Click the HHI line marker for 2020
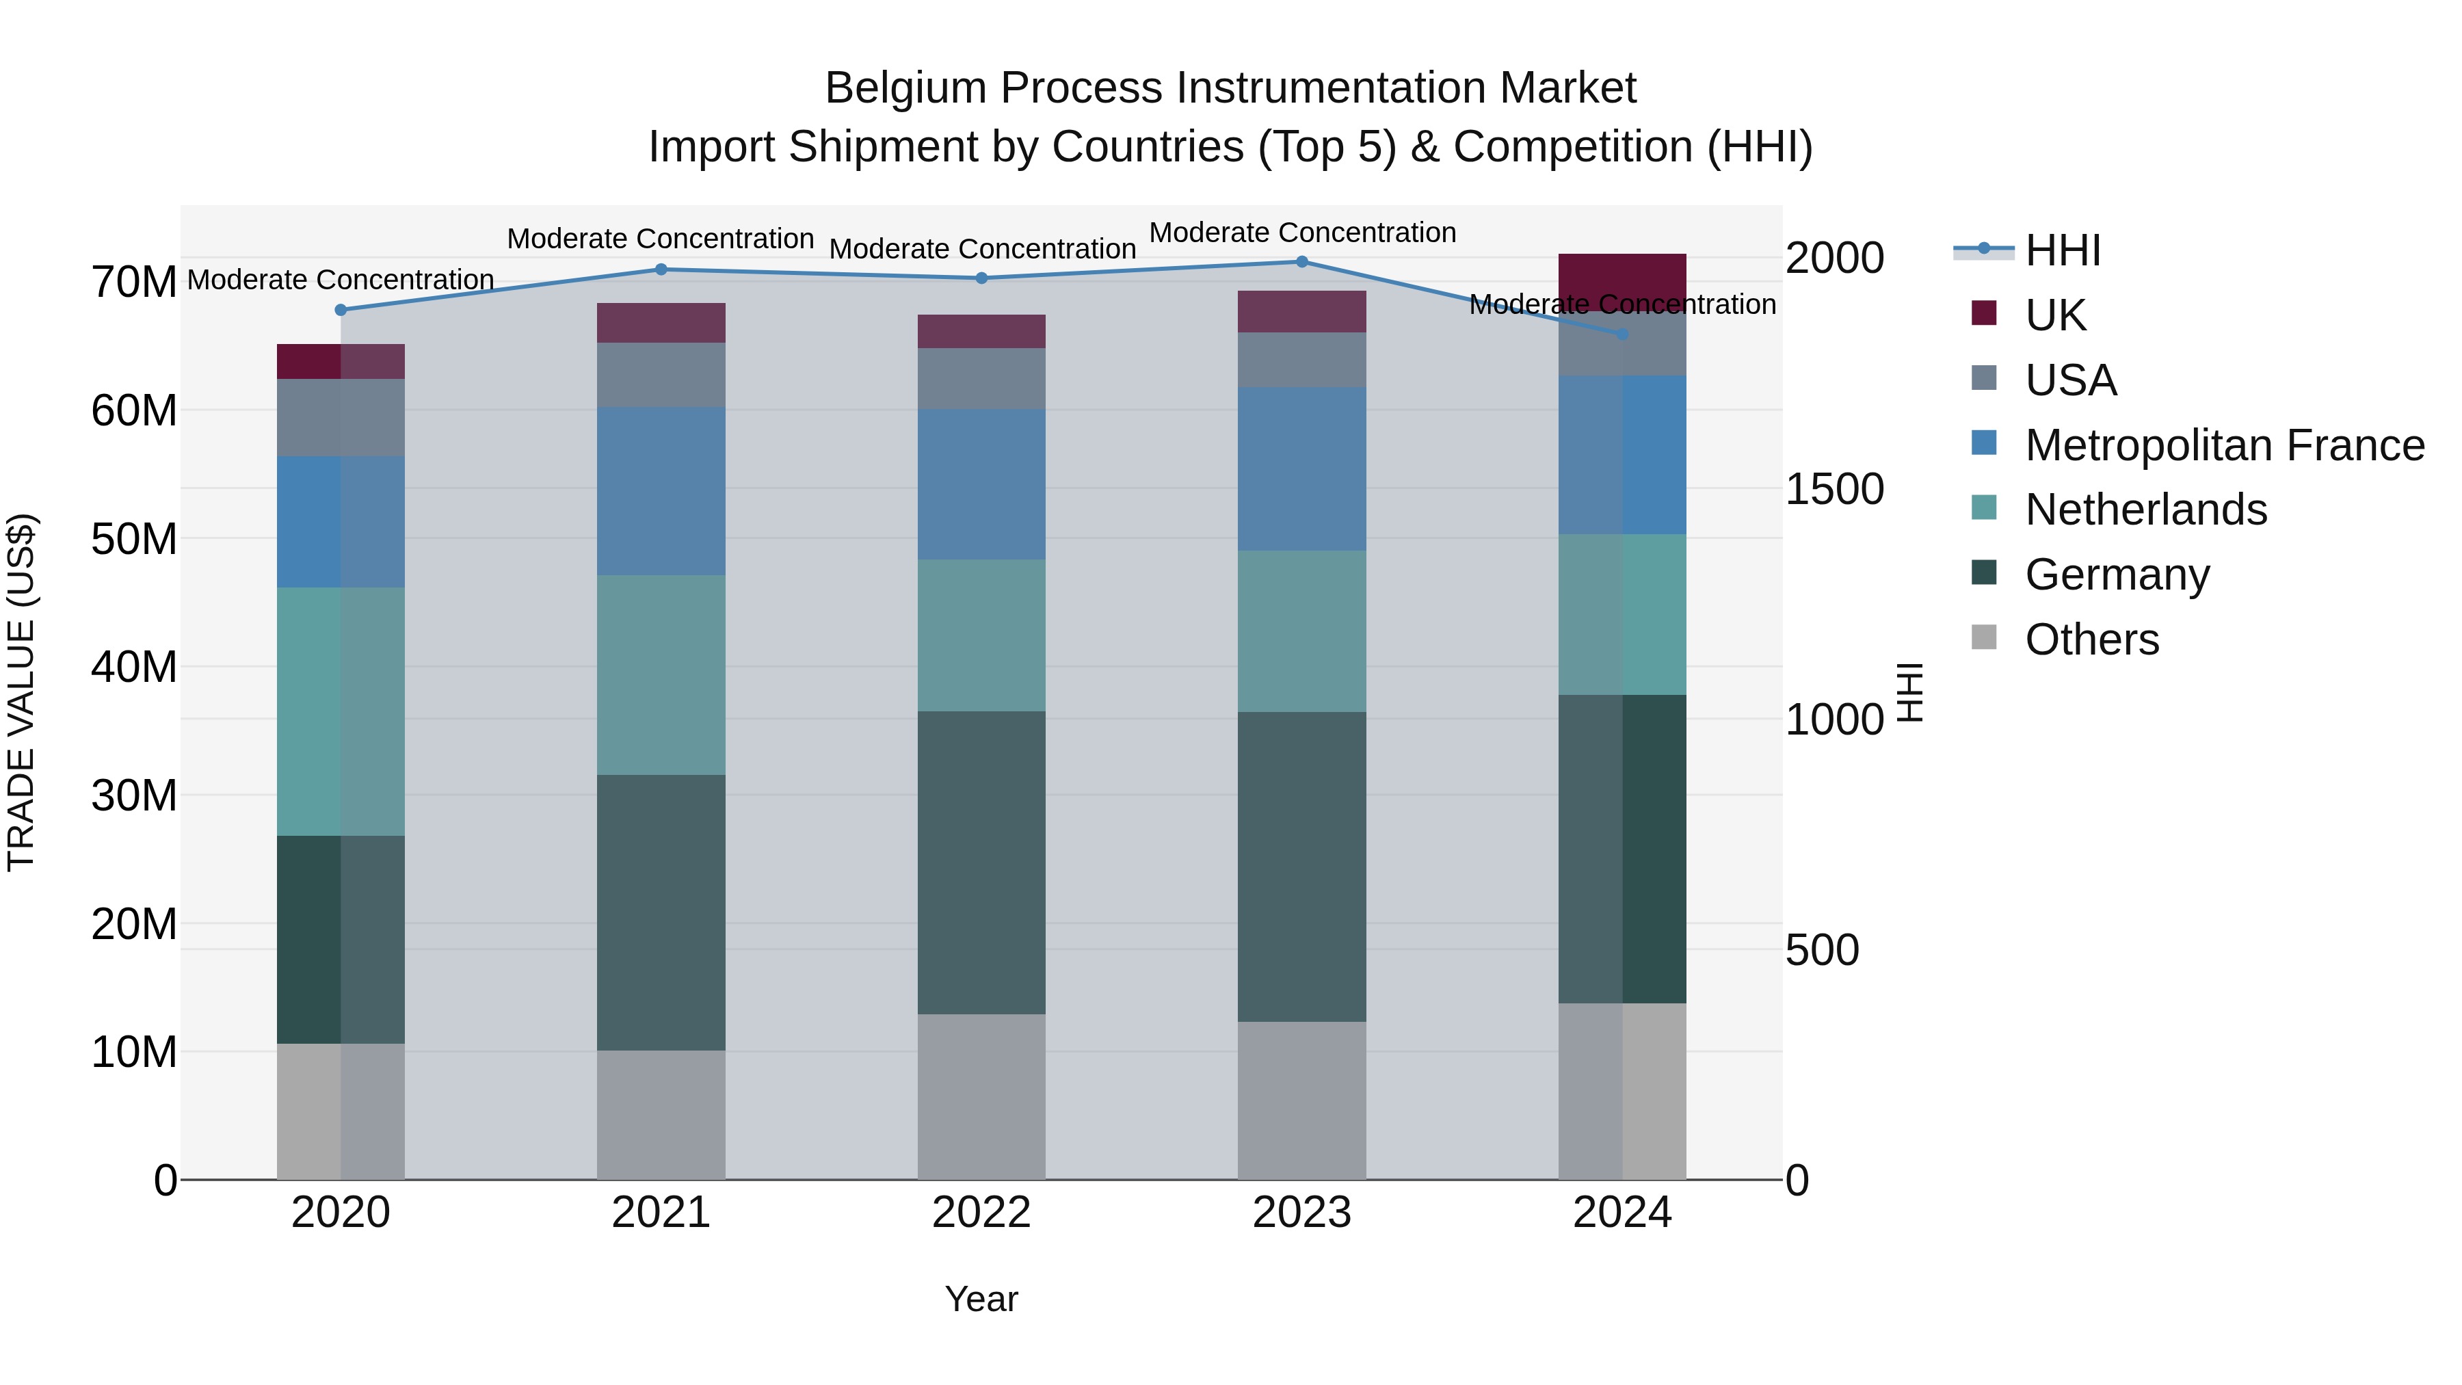tap(341, 310)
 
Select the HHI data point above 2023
tap(1301, 262)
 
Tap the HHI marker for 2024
tap(1622, 334)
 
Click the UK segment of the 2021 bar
tap(661, 323)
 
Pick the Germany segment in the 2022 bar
tap(981, 862)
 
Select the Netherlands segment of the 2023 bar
tap(1301, 631)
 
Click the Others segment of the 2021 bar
tap(661, 1115)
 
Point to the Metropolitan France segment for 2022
tap(981, 485)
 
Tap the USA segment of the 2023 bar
tap(1301, 359)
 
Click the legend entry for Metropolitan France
tap(2223, 445)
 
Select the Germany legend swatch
tap(1984, 574)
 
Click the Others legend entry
tap(2091, 639)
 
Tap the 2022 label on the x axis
tap(981, 1213)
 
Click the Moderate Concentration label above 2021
tap(661, 239)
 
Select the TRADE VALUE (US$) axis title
tap(21, 692)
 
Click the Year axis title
tap(981, 1299)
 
